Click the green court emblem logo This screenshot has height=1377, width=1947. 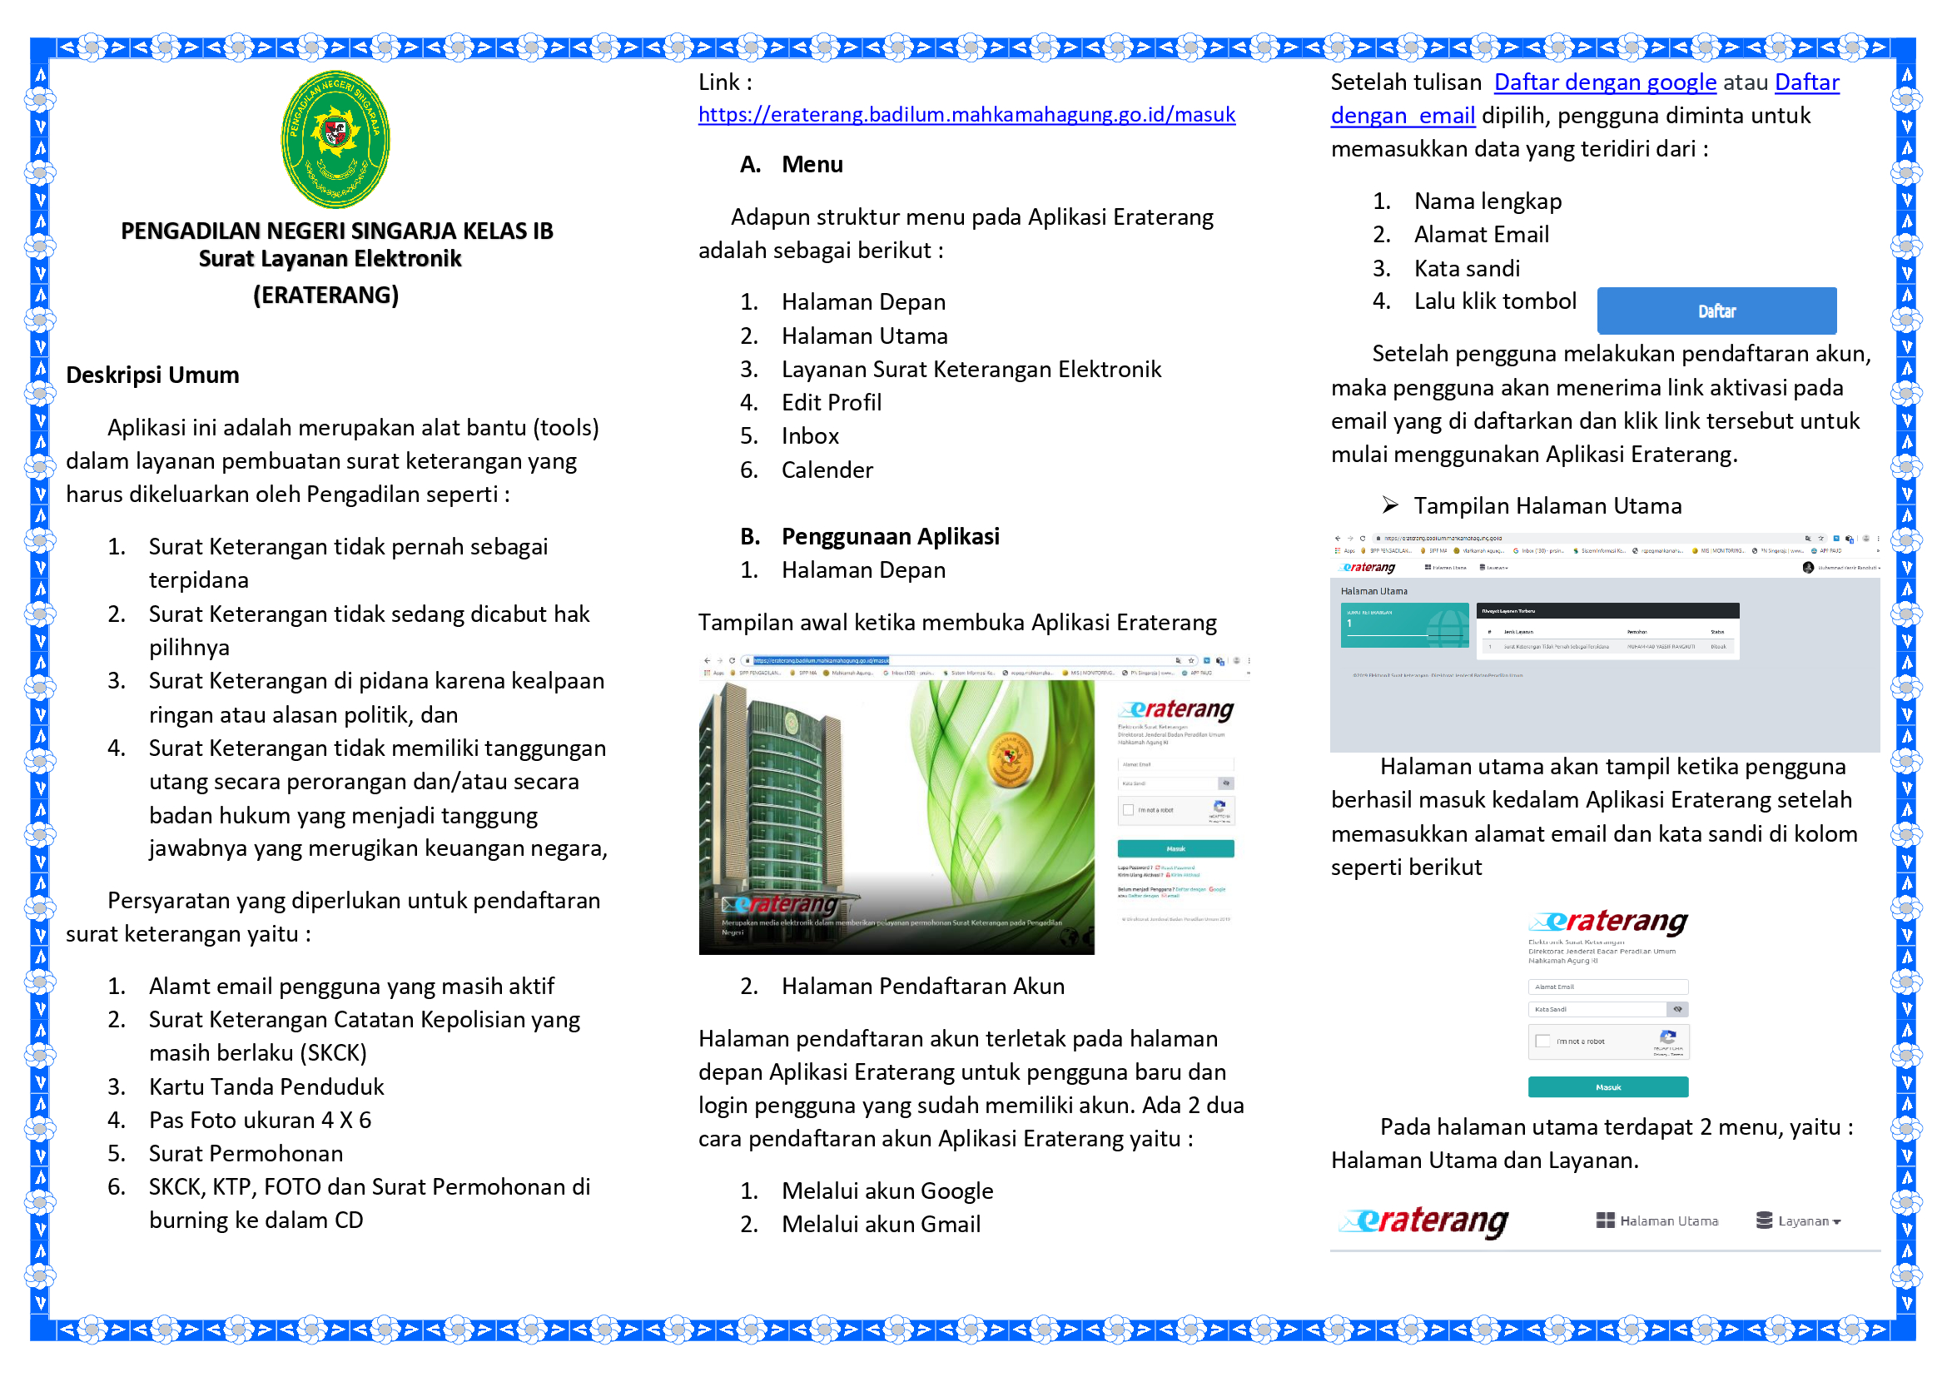click(x=335, y=138)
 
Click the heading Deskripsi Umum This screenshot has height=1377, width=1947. click(x=152, y=375)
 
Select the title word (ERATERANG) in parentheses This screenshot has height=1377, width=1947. click(x=325, y=295)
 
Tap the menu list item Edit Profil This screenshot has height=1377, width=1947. click(x=831, y=403)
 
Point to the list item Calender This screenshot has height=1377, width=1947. click(x=827, y=470)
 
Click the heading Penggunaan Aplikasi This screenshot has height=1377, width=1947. click(x=890, y=537)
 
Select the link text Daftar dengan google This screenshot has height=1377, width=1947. click(x=1604, y=82)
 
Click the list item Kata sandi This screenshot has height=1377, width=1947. click(x=1466, y=269)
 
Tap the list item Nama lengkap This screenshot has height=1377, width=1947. click(x=1488, y=201)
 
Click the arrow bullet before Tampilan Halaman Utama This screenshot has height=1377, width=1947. click(x=1390, y=506)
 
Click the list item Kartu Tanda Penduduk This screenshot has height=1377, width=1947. click(x=266, y=1087)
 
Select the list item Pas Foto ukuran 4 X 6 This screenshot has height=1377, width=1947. click(x=260, y=1120)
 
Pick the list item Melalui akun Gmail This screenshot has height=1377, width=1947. click(x=880, y=1225)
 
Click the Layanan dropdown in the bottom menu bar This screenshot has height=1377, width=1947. click(x=1798, y=1221)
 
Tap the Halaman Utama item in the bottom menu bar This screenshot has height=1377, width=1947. click(x=1657, y=1221)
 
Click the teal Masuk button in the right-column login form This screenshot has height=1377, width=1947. click(x=1608, y=1087)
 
